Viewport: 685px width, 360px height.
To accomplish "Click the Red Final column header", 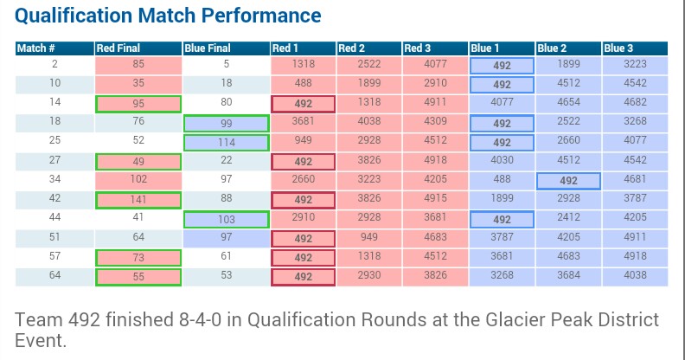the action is pyautogui.click(x=118, y=48).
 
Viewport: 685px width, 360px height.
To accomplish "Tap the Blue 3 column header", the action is pyautogui.click(x=618, y=48).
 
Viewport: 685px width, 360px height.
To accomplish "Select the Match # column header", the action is pyautogui.click(x=35, y=48).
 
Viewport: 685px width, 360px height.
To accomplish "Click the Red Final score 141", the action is pyautogui.click(x=138, y=200).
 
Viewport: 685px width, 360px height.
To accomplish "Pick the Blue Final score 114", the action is pyautogui.click(x=227, y=143).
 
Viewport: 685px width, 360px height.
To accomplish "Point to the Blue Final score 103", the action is pyautogui.click(x=227, y=219).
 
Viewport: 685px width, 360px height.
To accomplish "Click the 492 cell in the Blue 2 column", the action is pyautogui.click(x=568, y=181).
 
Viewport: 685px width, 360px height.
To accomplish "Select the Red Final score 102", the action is pyautogui.click(x=138, y=179).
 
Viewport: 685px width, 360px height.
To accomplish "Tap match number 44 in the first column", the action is pyautogui.click(x=54, y=217).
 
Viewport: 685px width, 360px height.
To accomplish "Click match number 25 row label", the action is pyautogui.click(x=54, y=140).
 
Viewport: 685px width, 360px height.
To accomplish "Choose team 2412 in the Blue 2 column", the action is pyautogui.click(x=568, y=217).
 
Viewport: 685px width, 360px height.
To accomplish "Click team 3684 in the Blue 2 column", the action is pyautogui.click(x=568, y=275).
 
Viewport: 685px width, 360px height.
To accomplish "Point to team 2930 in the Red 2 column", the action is pyautogui.click(x=369, y=275).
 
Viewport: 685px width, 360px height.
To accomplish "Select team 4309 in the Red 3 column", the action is pyautogui.click(x=435, y=121).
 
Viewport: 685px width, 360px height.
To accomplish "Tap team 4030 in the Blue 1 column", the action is pyautogui.click(x=502, y=160).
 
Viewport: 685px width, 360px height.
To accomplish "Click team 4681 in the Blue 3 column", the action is pyautogui.click(x=635, y=179).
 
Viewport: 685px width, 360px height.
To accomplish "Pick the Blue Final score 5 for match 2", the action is pyautogui.click(x=227, y=64).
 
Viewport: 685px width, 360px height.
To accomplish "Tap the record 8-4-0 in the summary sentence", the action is pyautogui.click(x=200, y=320).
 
